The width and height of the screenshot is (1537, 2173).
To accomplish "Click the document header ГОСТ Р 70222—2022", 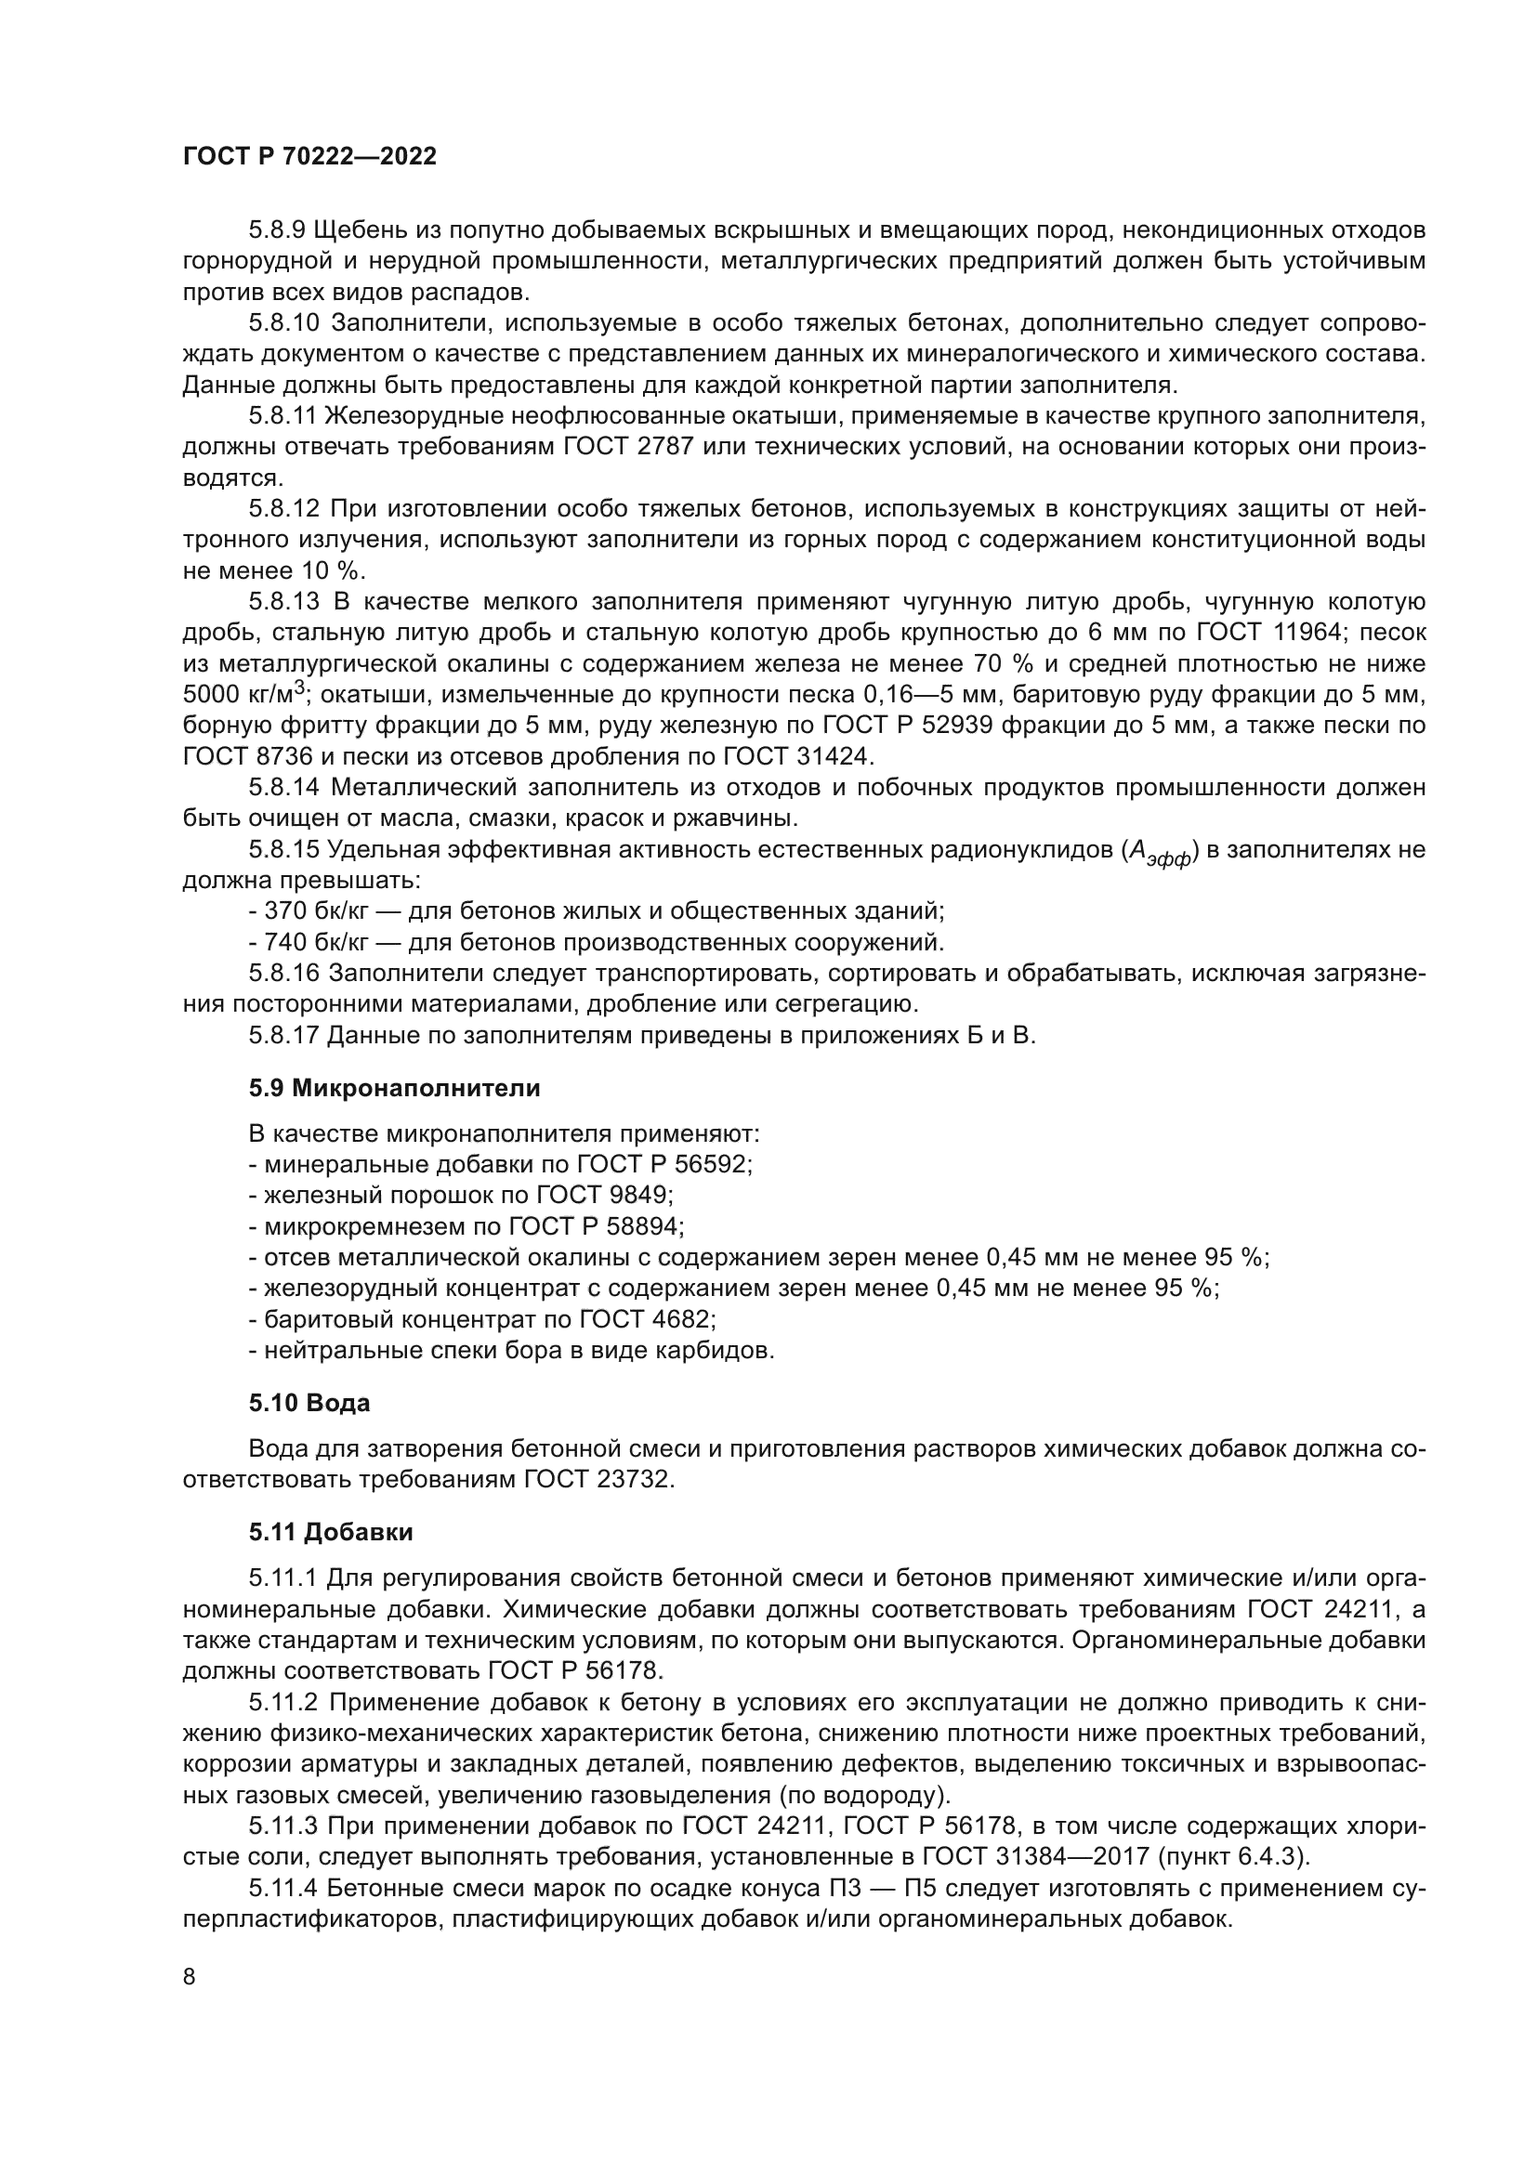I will pyautogui.click(x=309, y=157).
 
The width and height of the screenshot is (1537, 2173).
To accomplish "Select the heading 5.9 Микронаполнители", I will pyautogui.click(x=395, y=1089).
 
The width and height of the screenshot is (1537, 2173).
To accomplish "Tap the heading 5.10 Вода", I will pyautogui.click(x=309, y=1403).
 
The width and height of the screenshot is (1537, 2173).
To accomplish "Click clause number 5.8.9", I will pyautogui.click(x=277, y=230).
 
